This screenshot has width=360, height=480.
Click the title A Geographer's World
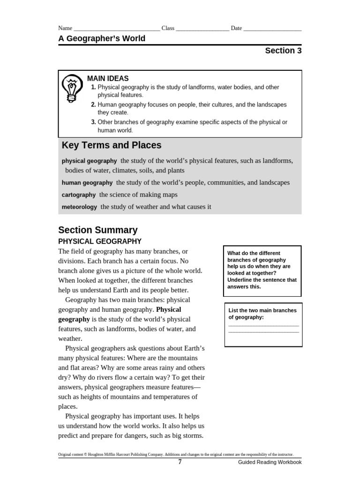click(x=102, y=38)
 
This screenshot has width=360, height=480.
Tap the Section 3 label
click(x=283, y=51)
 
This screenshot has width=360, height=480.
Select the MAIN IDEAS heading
click(x=108, y=79)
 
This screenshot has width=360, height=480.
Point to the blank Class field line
click(x=202, y=29)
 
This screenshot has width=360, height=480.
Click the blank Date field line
click(x=272, y=29)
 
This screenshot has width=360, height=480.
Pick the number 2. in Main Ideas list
click(x=93, y=105)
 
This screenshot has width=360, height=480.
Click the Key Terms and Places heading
click(x=112, y=145)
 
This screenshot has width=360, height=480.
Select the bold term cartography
click(x=79, y=195)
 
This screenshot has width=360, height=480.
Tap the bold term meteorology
click(x=79, y=207)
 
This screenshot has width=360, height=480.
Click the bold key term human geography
click(x=87, y=183)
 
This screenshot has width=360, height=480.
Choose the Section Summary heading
click(x=98, y=230)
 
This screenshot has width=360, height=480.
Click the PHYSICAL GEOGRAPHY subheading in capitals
click(x=100, y=242)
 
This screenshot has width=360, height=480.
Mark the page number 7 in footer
click(x=180, y=462)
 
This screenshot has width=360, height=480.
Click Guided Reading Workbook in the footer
click(x=270, y=463)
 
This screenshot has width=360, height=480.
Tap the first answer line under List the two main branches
click(x=263, y=325)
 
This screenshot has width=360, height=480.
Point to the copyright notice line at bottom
click(x=175, y=454)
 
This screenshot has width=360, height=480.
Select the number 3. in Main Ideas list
click(x=93, y=122)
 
